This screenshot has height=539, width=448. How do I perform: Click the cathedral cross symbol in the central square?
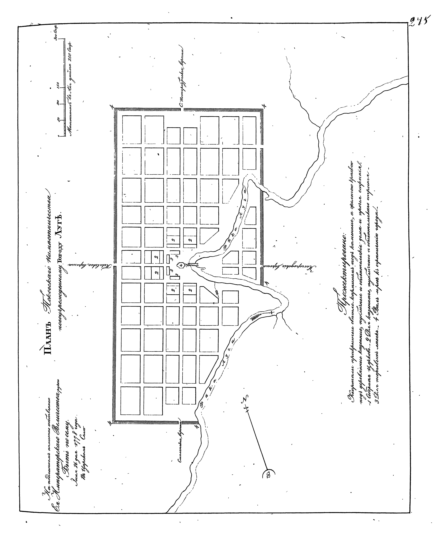coord(181,265)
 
